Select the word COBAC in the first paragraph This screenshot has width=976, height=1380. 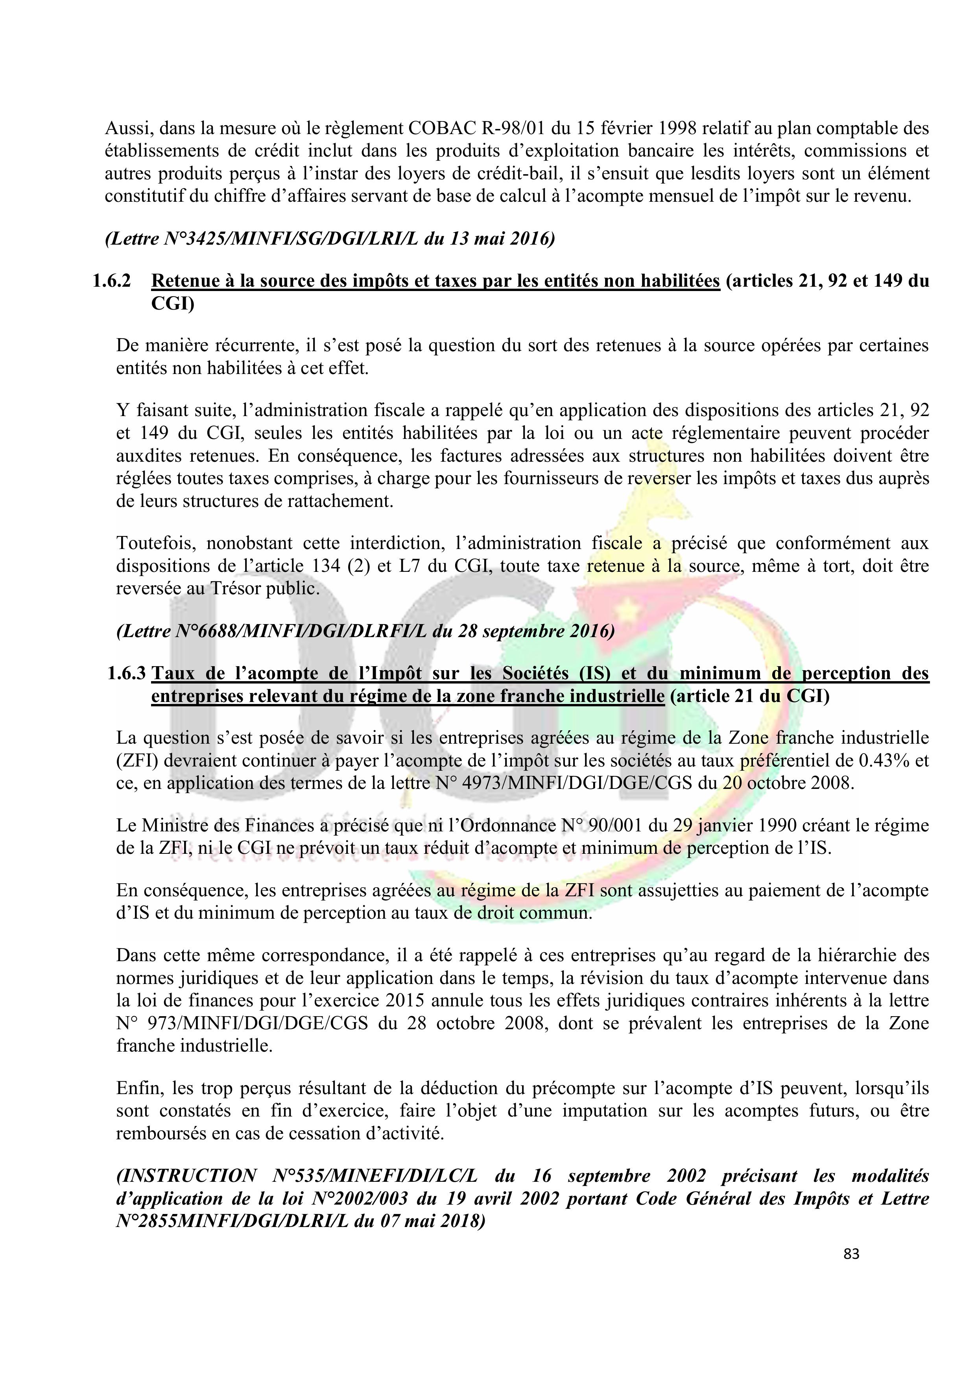[443, 128]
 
